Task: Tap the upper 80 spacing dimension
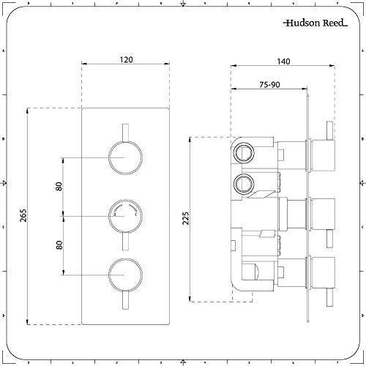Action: coord(59,187)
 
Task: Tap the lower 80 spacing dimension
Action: coord(59,245)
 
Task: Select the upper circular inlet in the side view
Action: coord(242,154)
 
